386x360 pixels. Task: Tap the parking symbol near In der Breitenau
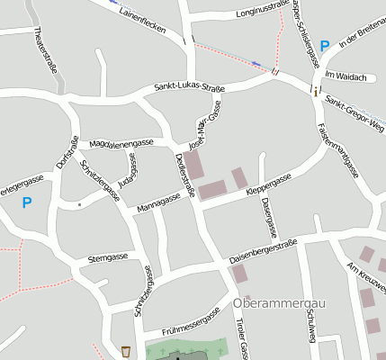point(325,44)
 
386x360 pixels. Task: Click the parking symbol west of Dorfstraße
point(26,203)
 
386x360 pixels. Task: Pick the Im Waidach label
point(346,77)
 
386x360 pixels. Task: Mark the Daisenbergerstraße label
point(263,250)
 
